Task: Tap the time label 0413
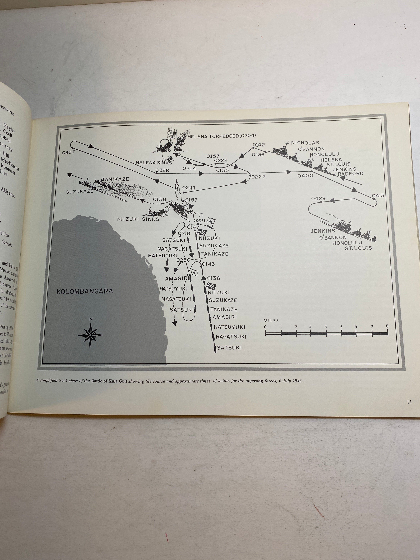378,195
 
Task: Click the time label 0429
318,198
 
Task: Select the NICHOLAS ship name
305,143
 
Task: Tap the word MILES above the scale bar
271,321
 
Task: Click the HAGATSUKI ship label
231,337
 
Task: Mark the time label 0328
162,170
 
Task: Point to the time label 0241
189,188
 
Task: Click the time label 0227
258,177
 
